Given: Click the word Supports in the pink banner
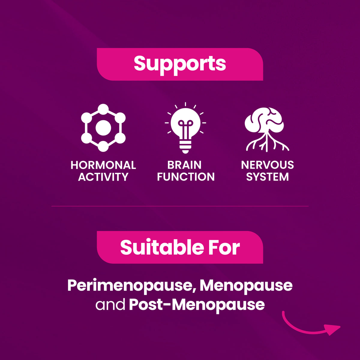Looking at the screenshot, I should coord(180,64).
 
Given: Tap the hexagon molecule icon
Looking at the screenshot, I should coord(103,128).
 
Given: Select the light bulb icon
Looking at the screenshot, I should coord(185,127).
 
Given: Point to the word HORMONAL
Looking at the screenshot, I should coord(103,165).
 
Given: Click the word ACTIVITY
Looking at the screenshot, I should coord(103,177).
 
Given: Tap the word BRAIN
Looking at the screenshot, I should coord(184,165).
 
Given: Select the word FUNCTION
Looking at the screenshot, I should coord(186,177).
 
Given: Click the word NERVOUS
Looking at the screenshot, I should coord(267,165).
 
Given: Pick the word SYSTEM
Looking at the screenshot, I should coord(267,177).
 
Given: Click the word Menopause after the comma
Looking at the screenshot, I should coord(246,285).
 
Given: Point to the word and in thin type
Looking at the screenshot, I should coord(110,304).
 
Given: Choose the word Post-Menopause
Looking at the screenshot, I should coord(197,304).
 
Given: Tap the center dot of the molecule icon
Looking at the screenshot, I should coord(103,128).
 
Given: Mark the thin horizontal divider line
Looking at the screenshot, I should coord(180,206).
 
